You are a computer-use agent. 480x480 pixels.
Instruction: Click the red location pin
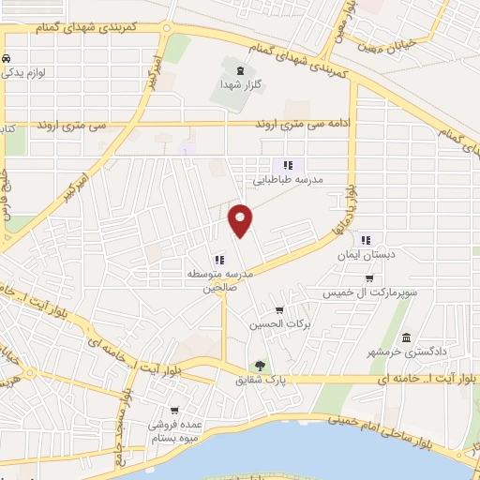click(242, 220)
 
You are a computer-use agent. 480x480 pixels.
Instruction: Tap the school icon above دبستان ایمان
click(367, 239)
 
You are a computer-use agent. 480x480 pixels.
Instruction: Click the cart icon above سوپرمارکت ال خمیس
click(369, 278)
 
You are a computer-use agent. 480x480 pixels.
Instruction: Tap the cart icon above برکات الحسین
click(278, 310)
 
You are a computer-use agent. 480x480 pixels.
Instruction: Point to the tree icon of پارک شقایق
click(260, 367)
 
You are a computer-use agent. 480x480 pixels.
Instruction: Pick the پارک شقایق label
click(261, 382)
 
